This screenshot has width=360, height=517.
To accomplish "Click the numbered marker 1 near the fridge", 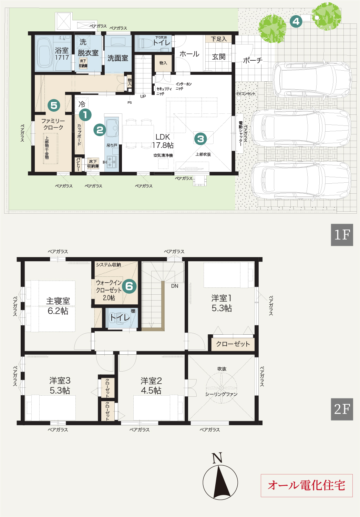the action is tap(85, 115).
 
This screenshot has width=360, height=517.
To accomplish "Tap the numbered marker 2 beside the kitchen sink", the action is tap(100, 130).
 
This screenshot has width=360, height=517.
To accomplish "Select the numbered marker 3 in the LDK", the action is tap(200, 139).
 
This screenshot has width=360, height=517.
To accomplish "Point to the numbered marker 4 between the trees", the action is tap(296, 22).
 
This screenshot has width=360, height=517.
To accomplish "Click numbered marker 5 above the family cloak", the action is tap(54, 105).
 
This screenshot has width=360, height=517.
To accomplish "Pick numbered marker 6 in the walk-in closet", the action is tap(129, 286).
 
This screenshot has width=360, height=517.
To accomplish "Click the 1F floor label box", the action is tap(342, 235).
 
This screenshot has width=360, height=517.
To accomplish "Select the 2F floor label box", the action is tap(342, 409).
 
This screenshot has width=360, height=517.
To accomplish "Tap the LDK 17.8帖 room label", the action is tap(163, 141).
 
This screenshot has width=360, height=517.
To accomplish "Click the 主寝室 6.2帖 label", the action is tap(58, 306).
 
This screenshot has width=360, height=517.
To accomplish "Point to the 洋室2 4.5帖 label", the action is tap(151, 386).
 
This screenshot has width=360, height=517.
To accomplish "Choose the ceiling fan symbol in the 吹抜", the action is tap(221, 388).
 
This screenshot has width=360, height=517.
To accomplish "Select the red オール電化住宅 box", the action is tap(307, 485).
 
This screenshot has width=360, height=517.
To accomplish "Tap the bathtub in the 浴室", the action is tap(44, 55).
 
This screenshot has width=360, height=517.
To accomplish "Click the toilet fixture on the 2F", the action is tap(120, 318).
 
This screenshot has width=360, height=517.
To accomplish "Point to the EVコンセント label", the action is tap(246, 93).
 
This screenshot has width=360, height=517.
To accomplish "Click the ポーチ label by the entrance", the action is tap(253, 60).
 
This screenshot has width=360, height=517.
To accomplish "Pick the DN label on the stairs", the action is tap(175, 286).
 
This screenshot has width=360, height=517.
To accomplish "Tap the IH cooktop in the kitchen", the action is tap(112, 162).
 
